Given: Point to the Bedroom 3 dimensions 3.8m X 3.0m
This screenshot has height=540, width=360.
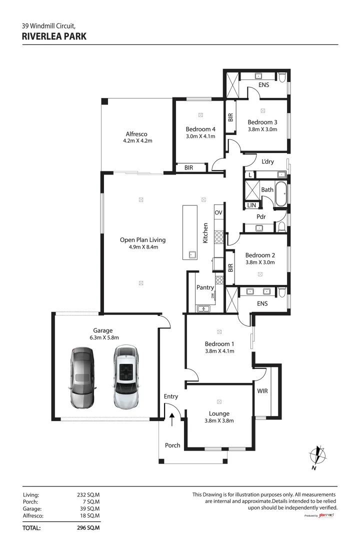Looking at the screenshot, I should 262,129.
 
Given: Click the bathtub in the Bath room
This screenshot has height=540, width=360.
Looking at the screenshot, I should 281,194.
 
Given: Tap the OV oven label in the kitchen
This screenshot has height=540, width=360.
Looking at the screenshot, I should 218,212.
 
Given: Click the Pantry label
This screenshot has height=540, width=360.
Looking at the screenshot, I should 205,287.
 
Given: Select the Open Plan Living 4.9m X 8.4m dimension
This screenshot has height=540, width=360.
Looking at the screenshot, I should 142,247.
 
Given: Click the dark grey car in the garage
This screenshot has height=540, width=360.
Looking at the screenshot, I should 81,377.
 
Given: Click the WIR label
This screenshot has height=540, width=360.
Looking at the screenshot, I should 262,391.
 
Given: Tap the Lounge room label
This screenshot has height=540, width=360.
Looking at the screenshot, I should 219,413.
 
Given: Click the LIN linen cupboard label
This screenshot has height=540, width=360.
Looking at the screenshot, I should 251,205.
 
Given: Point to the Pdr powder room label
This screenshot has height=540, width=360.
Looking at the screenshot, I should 260,217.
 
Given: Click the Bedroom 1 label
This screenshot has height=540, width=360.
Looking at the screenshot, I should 219,344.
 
